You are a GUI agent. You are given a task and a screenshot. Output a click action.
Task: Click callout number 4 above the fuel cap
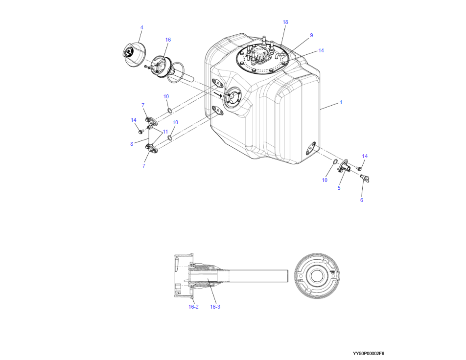coord(142,27)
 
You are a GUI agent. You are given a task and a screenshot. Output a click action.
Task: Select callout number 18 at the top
coord(285,22)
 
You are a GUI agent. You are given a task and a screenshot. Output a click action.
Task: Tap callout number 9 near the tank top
coord(311,35)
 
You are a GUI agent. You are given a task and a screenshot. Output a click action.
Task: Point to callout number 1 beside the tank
coord(341,102)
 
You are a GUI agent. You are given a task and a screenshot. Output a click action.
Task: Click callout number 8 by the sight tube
coord(132,144)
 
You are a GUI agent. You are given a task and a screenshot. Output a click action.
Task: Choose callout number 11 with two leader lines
coord(165,132)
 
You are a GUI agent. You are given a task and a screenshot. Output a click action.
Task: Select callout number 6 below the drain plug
coord(362,200)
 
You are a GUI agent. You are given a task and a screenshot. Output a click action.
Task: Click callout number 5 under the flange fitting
coord(339,188)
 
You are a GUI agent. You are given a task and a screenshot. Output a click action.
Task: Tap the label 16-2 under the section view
coord(193,307)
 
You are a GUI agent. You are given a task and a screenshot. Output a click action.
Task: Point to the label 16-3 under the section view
coord(215,307)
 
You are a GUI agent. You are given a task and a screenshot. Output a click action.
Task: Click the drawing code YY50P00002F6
coord(369,354)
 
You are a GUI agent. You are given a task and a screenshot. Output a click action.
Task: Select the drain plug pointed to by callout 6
coord(365,178)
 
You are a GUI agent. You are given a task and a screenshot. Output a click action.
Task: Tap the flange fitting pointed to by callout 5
coord(344,167)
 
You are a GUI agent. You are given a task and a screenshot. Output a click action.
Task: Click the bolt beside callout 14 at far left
coord(141,131)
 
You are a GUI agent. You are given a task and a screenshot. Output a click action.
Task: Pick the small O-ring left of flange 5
coord(334,161)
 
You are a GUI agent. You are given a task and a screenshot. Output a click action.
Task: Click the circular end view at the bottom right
coord(317,276)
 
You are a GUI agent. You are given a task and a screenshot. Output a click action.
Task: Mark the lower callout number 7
coord(144,166)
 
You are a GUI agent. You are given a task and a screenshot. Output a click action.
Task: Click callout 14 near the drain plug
coord(365,156)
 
